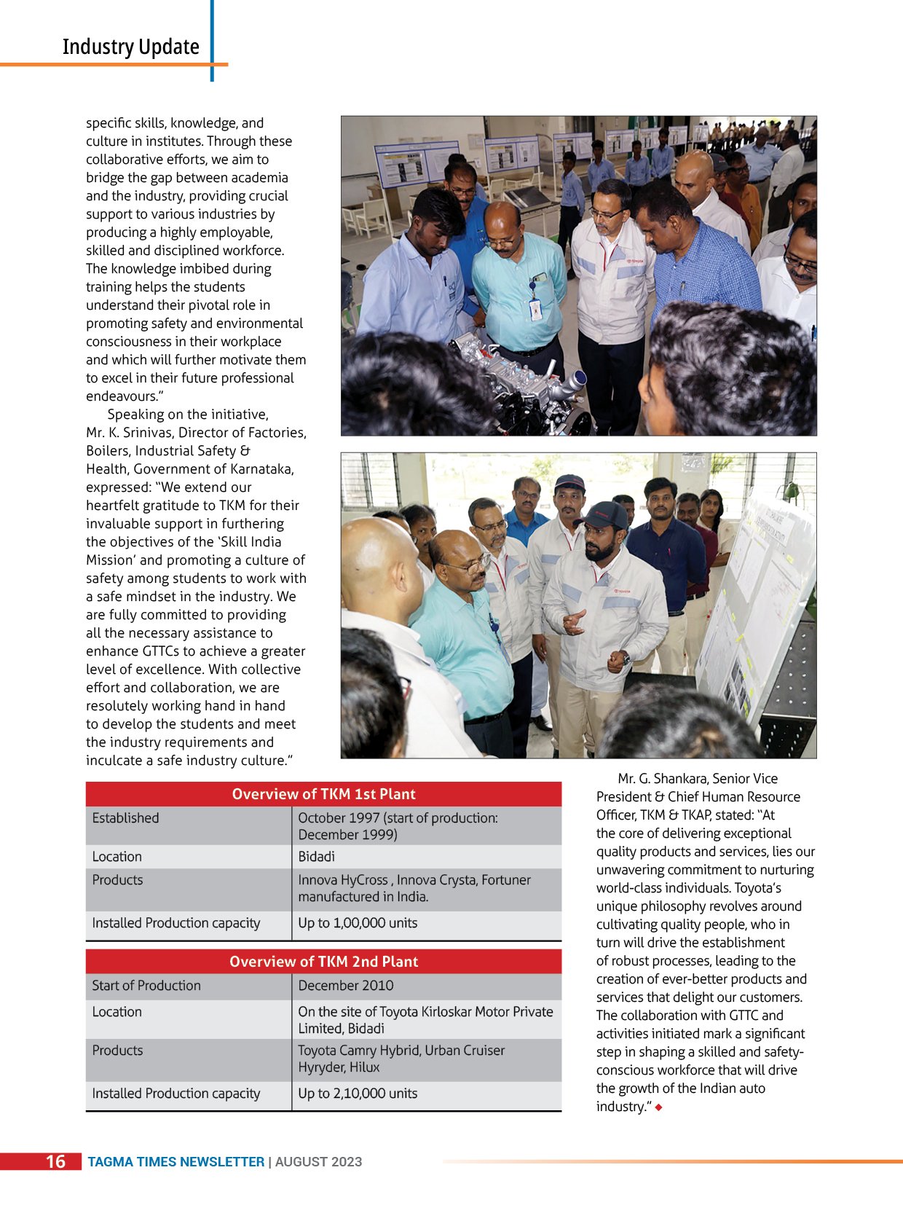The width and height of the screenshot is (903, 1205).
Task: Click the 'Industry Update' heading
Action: tap(130, 47)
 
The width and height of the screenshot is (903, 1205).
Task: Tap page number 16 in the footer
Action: tap(55, 1161)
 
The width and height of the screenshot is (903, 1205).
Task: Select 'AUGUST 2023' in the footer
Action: tap(318, 1162)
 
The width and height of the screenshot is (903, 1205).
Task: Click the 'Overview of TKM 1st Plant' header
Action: tap(323, 794)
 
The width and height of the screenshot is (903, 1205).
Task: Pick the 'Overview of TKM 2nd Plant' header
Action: tap(323, 962)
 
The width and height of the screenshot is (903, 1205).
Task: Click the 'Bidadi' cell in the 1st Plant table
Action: tap(317, 857)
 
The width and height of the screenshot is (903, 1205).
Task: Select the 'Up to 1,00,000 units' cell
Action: tap(358, 923)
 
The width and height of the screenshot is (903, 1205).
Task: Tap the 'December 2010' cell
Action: tap(345, 986)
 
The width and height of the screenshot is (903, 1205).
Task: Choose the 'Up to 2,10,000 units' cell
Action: tap(358, 1094)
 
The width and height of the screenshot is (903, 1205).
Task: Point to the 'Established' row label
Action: tap(125, 818)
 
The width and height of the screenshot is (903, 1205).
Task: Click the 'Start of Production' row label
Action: tap(146, 986)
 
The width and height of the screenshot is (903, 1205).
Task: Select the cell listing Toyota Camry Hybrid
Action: tap(401, 1059)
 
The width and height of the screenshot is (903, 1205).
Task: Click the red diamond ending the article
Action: tap(658, 1107)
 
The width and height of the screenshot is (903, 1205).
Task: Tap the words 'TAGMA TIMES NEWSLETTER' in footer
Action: tap(176, 1162)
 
